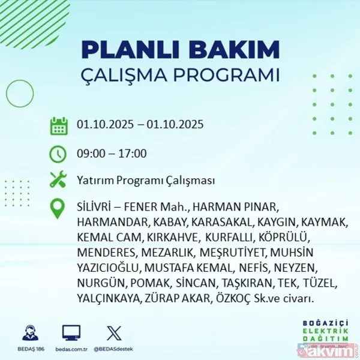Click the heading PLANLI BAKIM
click(x=179, y=49)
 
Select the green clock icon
click(x=58, y=154)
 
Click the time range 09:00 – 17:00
click(x=112, y=154)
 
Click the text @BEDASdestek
click(x=114, y=348)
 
